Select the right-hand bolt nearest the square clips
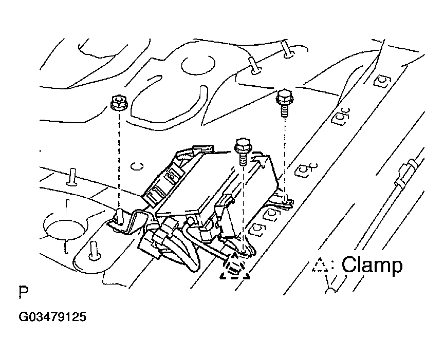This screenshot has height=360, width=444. [285, 103]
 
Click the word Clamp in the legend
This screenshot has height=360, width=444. [372, 264]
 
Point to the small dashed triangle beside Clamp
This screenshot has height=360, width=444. [320, 265]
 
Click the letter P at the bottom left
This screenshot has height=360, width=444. [24, 292]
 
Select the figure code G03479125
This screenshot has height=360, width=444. [52, 317]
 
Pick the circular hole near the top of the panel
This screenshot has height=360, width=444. [198, 65]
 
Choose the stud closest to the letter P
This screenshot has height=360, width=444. [94, 251]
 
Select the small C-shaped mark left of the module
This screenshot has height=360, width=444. [137, 166]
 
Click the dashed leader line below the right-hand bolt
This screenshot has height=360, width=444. [285, 157]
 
